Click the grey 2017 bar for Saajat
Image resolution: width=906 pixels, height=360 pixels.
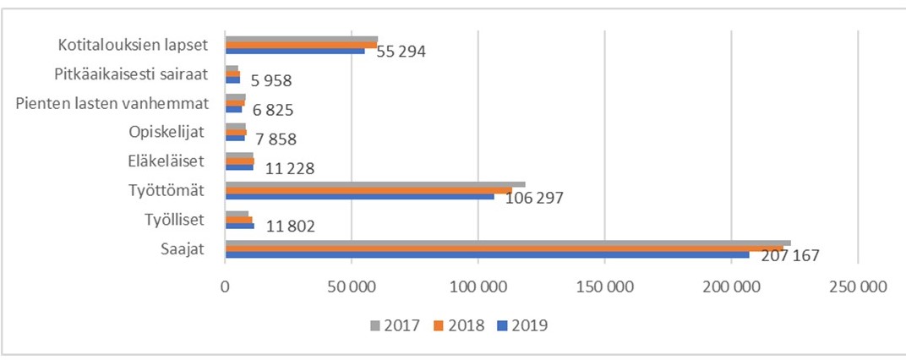pos(507,243)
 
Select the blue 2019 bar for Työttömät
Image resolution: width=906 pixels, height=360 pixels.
pos(359,196)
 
